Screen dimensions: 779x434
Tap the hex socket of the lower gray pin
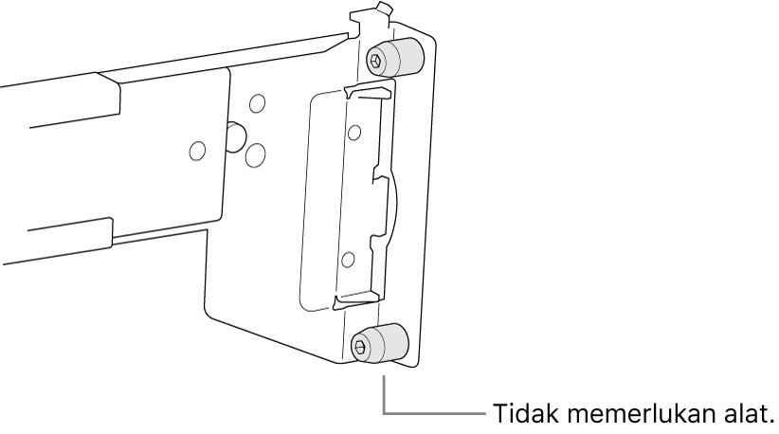click(x=360, y=345)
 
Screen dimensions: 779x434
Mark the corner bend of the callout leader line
click(x=384, y=413)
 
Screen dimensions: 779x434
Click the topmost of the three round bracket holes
click(x=258, y=103)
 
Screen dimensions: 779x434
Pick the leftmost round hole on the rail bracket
click(x=198, y=150)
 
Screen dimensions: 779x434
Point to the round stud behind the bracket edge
click(x=235, y=136)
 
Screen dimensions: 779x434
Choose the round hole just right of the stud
click(x=256, y=154)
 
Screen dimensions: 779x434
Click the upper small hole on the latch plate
click(x=354, y=133)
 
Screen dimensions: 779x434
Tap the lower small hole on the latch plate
click(x=348, y=260)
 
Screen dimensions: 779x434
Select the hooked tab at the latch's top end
click(x=369, y=93)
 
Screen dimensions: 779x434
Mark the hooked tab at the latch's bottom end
click(x=356, y=301)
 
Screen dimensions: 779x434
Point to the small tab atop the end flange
click(x=384, y=9)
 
